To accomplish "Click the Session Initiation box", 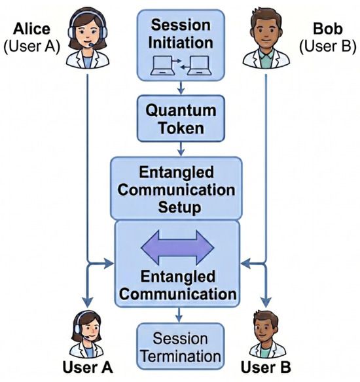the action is tap(181, 45).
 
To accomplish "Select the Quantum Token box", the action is tap(181, 118).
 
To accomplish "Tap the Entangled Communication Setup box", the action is tap(176, 188).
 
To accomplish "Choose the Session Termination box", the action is tap(181, 346).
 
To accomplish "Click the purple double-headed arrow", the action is tap(177, 248).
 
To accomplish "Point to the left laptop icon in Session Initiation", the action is tap(162, 65).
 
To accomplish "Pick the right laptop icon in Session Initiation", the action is tap(199, 65).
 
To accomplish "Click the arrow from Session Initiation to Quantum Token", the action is tap(181, 88).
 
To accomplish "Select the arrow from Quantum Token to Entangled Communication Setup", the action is tap(181, 149).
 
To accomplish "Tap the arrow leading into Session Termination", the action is tap(179, 315).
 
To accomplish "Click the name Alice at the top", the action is tap(31, 29).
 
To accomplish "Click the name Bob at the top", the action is tap(328, 29).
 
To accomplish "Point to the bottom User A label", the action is tap(88, 367).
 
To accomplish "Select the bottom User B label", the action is tap(266, 367).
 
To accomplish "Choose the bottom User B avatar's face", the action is tap(265, 330).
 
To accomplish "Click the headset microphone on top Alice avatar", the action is tap(92, 44).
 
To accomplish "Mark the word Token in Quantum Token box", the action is tap(181, 128).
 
